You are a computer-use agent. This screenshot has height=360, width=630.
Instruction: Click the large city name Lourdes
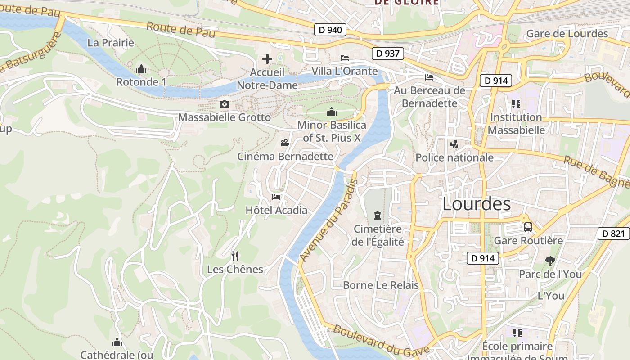(x=477, y=204)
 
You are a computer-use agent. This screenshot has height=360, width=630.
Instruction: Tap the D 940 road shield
(x=330, y=30)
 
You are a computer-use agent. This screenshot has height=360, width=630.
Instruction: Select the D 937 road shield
(x=388, y=54)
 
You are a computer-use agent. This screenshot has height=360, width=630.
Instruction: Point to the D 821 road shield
(x=614, y=234)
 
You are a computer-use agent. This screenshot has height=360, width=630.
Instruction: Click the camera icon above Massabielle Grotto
(x=224, y=104)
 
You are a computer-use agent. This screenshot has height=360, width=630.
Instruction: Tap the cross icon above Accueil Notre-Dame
(x=267, y=59)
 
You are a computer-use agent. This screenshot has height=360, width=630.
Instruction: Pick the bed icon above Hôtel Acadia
(x=276, y=197)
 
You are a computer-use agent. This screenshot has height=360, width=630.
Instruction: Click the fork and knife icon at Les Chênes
(x=234, y=256)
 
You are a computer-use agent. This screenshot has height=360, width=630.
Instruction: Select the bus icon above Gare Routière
(x=528, y=227)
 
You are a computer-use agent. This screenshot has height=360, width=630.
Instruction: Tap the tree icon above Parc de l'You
(x=549, y=261)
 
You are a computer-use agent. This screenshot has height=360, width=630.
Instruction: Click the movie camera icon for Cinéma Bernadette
(x=285, y=143)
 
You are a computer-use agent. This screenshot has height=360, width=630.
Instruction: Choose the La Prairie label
(x=111, y=43)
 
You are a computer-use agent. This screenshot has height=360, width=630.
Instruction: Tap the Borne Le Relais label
(x=381, y=285)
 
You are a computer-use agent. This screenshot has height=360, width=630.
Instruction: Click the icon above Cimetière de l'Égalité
(x=377, y=216)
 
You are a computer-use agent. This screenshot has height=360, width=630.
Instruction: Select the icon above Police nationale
(x=454, y=144)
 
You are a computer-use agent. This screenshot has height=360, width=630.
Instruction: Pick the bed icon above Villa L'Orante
(x=345, y=58)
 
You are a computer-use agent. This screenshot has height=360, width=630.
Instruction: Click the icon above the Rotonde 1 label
(x=141, y=69)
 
